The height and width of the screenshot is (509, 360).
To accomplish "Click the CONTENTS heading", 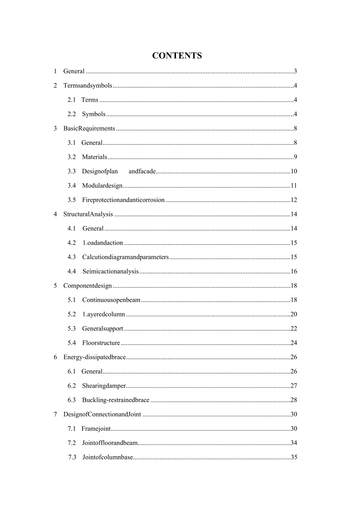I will point(177,56).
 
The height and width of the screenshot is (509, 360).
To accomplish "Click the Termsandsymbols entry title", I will point(88,86).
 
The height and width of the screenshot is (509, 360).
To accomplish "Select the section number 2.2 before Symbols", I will point(72,114).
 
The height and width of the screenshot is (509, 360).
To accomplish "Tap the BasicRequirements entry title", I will point(89,128).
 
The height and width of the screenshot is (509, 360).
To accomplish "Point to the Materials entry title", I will point(94,157).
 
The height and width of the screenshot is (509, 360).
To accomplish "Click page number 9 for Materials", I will point(295,157).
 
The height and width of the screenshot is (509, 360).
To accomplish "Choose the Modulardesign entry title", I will point(102,185).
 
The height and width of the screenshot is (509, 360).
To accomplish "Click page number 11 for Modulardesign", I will point(294,185).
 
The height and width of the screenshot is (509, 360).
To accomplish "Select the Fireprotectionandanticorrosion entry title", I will point(123,200).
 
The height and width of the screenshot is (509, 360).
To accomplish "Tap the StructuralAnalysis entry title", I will point(88,214).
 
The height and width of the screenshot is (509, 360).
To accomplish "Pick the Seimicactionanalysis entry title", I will point(110,272).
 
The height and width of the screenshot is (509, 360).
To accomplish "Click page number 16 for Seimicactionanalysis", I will point(294,272).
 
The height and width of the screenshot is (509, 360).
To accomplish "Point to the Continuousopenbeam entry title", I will point(111,300).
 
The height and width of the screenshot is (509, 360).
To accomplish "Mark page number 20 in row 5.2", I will point(294,314).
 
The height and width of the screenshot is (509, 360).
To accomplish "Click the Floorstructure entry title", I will point(101,343).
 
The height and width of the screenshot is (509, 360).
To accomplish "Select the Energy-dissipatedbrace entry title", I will point(95,357).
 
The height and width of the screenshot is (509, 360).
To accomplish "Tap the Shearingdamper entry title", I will point(104,386).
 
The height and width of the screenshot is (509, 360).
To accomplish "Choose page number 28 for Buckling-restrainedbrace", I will point(294,400).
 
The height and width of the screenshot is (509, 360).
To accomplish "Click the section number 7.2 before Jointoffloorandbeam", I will point(72,443).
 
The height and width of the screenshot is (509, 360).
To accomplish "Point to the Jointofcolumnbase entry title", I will point(108,457).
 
